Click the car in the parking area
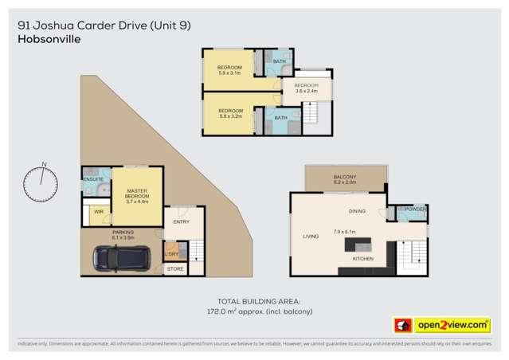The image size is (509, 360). tap(117, 258)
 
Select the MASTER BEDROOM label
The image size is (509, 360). tap(137, 194)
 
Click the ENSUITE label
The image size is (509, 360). tap(93, 179)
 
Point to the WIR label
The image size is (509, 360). tap(99, 212)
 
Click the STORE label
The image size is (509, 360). tap(174, 269)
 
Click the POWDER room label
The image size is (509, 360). tap(416, 209)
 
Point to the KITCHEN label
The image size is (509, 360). tap(362, 259)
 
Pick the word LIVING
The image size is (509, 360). tap(310, 237)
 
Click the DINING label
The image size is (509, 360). tap(356, 211)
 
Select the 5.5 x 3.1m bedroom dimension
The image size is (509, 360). tap(230, 72)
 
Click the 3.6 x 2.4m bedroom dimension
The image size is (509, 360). tap(306, 92)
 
